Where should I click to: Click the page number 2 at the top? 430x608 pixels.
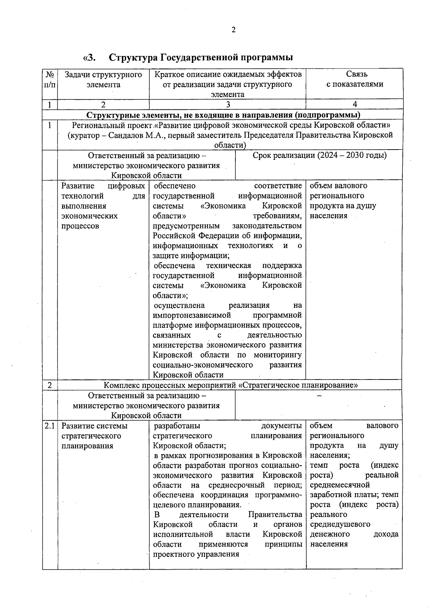[x=233, y=30]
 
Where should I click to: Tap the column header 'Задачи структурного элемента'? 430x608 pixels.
[x=103, y=80]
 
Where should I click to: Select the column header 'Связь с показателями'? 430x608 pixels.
[x=354, y=79]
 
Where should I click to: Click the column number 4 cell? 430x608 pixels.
[x=354, y=104]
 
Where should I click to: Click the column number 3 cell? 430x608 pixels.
[x=228, y=104]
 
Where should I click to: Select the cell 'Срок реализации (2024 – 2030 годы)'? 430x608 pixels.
[x=319, y=155]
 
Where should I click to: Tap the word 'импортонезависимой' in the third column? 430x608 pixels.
[x=192, y=315]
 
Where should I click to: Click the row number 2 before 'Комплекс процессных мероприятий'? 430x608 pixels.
[x=50, y=385]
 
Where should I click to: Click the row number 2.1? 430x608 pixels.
[x=50, y=426]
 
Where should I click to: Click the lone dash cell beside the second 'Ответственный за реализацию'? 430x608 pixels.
[x=319, y=396]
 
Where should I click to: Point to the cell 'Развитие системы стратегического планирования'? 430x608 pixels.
[x=95, y=436]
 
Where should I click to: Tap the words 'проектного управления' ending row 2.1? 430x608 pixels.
[x=196, y=554]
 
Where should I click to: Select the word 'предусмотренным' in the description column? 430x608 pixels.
[x=186, y=226]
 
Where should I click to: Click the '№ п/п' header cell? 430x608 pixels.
[x=50, y=80]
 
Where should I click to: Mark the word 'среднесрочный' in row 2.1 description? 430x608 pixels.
[x=236, y=485]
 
